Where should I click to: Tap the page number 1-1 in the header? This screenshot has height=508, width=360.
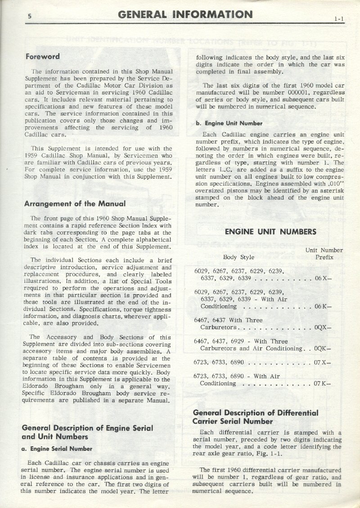pyautogui.click(x=339, y=19)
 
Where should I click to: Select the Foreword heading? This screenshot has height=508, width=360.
pyautogui.click(x=43, y=57)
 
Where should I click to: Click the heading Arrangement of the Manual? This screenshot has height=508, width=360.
pyautogui.click(x=74, y=203)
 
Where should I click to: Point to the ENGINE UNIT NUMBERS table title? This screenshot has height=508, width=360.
pyautogui.click(x=270, y=232)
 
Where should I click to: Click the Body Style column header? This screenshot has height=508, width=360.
pyautogui.click(x=238, y=257)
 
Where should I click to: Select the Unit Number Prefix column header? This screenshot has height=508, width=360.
pyautogui.click(x=324, y=254)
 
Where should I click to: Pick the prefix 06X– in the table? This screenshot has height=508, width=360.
pyautogui.click(x=324, y=278)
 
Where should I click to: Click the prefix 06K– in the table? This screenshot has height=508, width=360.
pyautogui.click(x=324, y=306)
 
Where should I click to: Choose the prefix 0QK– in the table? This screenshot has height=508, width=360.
pyautogui.click(x=323, y=348)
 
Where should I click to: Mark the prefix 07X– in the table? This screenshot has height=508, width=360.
pyautogui.click(x=324, y=363)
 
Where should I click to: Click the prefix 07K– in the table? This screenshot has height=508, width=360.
pyautogui.click(x=324, y=383)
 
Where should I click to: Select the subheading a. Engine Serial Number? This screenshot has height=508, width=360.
pyautogui.click(x=57, y=449)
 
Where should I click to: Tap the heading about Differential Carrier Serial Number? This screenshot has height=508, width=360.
pyautogui.click(x=255, y=417)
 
